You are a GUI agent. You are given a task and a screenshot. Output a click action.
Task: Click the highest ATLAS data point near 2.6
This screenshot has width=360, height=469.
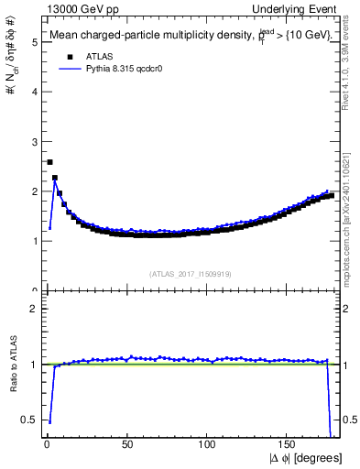pos(49,162)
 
